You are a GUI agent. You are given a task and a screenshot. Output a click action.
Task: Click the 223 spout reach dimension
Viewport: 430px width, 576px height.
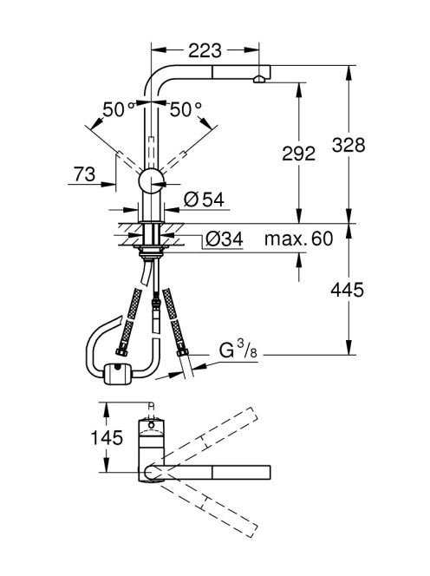(x=205, y=50)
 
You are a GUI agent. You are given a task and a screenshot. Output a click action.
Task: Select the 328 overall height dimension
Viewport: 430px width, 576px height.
(x=349, y=145)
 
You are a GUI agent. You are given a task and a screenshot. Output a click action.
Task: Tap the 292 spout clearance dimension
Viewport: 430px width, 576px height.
(x=298, y=154)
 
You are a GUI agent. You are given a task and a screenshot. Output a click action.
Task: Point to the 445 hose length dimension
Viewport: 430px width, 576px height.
(x=347, y=290)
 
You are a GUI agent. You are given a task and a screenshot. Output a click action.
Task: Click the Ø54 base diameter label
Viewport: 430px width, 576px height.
(x=205, y=200)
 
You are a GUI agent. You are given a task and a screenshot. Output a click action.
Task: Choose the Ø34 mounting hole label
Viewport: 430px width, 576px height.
(x=225, y=239)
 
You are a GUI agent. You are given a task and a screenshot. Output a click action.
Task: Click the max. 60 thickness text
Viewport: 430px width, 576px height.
(x=298, y=239)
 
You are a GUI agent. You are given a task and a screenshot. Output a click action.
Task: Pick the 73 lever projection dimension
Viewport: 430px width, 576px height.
(x=84, y=174)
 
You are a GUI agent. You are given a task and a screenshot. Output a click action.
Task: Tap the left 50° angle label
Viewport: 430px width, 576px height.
(x=118, y=109)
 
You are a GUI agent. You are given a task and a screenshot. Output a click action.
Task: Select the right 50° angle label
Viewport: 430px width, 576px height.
(x=186, y=109)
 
